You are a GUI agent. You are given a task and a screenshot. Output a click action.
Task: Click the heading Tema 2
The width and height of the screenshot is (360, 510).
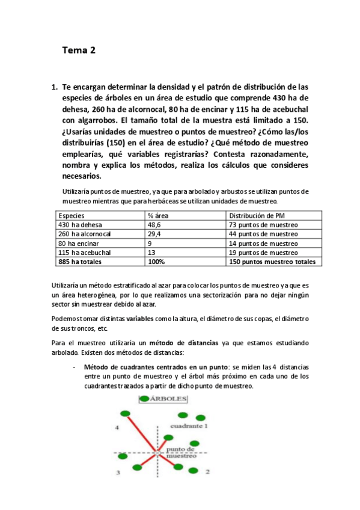coord(79,51)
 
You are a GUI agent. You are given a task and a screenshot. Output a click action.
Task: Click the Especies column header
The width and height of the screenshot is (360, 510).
coord(72,215)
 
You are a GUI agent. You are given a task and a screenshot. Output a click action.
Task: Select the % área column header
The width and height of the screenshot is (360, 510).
coord(159,215)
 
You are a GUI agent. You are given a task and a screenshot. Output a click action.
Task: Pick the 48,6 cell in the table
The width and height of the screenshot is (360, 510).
coord(154,224)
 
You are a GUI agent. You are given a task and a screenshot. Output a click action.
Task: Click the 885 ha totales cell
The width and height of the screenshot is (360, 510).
coord(79,262)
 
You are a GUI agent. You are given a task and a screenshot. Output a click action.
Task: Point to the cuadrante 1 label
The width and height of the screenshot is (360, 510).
coord(189,425)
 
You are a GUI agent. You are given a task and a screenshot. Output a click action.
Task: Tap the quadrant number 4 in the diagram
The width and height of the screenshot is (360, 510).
coord(118,428)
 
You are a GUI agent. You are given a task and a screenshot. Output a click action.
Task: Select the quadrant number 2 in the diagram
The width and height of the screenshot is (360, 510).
coord(207,472)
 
